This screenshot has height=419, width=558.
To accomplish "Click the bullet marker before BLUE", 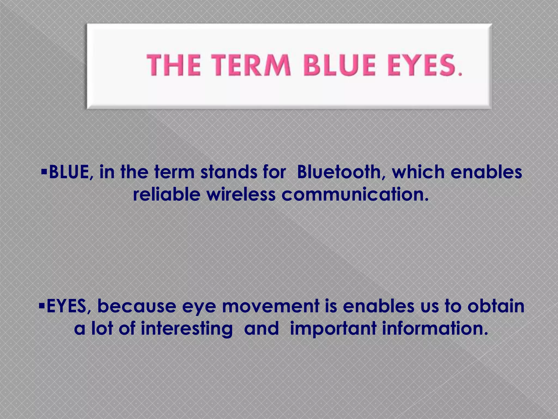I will (x=44, y=172).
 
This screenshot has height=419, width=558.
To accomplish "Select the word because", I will (x=137, y=306).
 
